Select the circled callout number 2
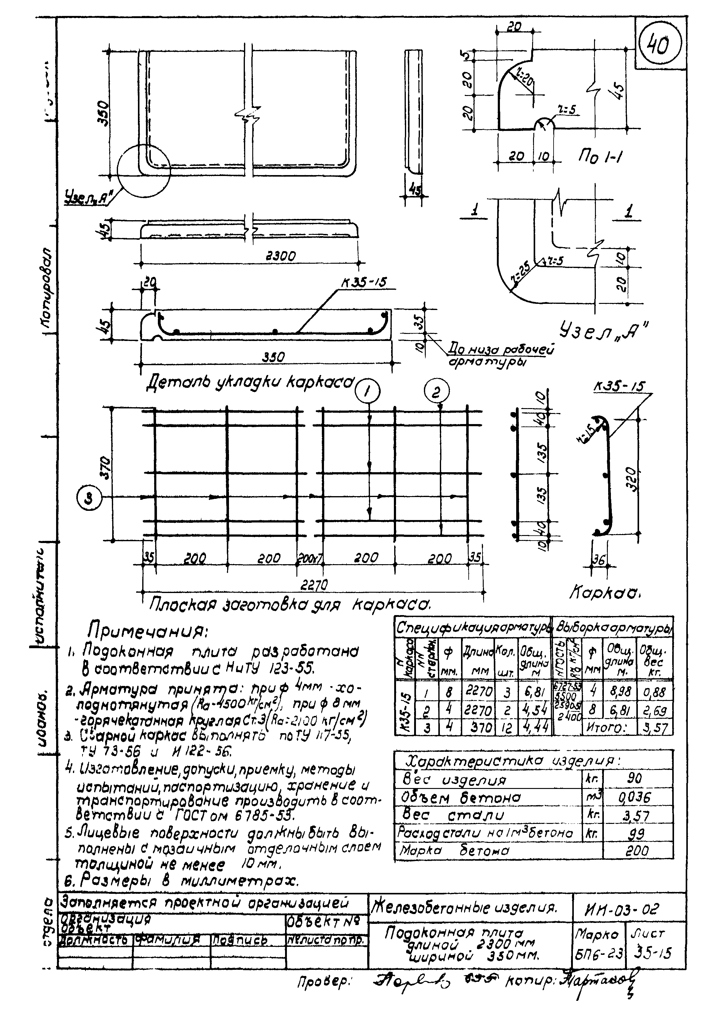coord(436,392)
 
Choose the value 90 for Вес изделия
coord(634,778)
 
